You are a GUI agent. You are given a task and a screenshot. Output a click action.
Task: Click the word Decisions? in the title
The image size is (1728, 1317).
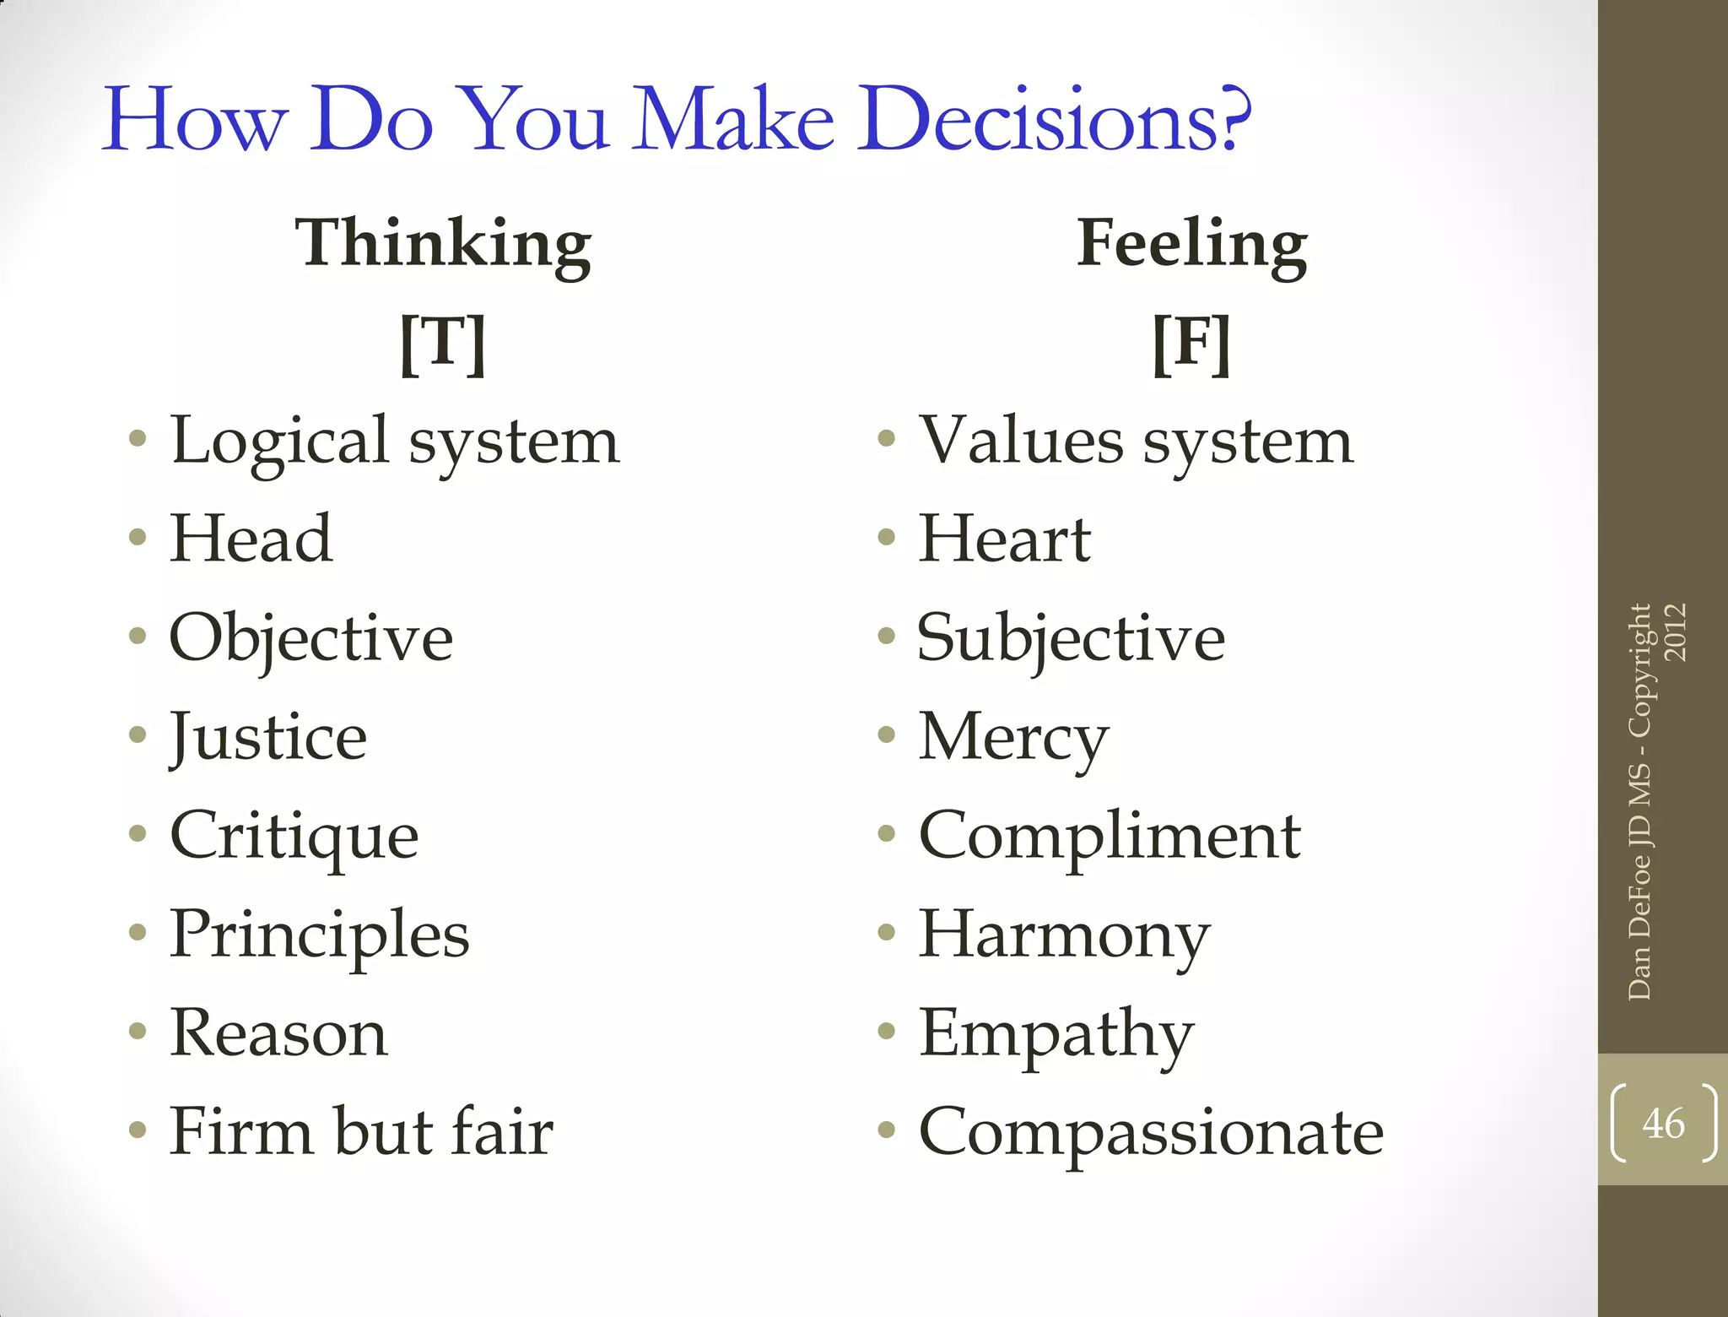point(1053,119)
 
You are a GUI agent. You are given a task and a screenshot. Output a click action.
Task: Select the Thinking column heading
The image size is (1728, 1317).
point(443,243)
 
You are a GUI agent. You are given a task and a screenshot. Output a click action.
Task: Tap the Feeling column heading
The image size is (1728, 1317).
point(1191,243)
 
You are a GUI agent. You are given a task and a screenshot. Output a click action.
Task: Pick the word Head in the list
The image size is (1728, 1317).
point(251,539)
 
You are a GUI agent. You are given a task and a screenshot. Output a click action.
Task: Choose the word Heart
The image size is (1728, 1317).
point(1004,539)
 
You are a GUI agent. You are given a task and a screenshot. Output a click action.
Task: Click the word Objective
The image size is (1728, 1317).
point(310,638)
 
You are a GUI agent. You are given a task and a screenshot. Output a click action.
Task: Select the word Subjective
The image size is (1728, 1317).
point(1071,638)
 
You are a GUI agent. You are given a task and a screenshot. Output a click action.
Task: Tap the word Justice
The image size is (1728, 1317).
point(268,737)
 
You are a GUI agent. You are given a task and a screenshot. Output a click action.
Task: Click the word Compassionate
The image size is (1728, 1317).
point(1151,1132)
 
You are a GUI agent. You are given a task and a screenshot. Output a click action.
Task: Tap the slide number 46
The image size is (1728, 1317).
point(1663,1124)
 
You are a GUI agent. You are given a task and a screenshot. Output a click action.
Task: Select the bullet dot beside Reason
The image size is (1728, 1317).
point(138,1031)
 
